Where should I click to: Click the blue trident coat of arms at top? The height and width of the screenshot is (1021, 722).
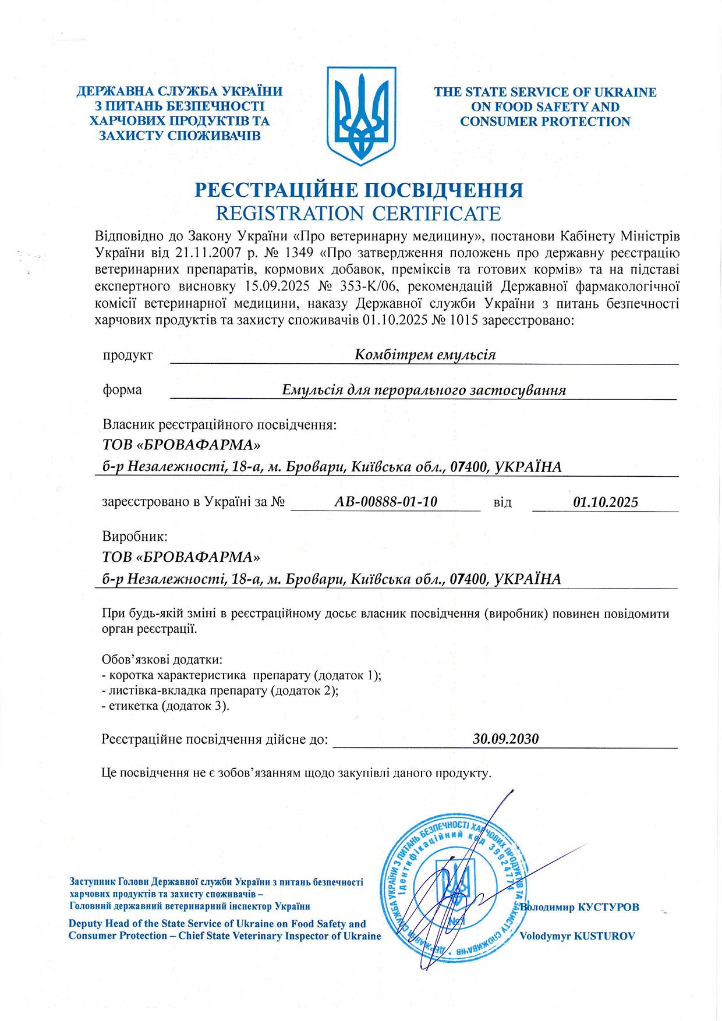click(x=361, y=115)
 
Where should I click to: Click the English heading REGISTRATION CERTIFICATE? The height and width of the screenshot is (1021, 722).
click(x=358, y=214)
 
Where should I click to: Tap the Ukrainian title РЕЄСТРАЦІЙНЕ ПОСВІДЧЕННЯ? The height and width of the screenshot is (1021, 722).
click(x=359, y=190)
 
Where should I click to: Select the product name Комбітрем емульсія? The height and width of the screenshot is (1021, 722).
click(x=425, y=354)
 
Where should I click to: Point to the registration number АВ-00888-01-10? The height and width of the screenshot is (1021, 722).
click(x=385, y=501)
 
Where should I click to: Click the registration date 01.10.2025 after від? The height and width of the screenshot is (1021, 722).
click(x=606, y=502)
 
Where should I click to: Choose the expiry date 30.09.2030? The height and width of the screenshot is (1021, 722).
click(x=505, y=739)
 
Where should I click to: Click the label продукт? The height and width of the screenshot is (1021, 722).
click(x=128, y=355)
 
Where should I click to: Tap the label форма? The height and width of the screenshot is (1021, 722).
click(x=122, y=389)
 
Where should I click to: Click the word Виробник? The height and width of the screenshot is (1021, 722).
click(x=135, y=536)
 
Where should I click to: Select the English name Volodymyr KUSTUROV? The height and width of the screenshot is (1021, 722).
click(x=576, y=936)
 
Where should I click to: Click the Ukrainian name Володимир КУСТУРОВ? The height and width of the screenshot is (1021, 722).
click(x=580, y=907)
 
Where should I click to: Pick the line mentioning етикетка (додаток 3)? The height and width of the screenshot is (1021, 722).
click(x=165, y=706)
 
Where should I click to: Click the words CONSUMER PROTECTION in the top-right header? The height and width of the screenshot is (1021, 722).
click(x=545, y=122)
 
